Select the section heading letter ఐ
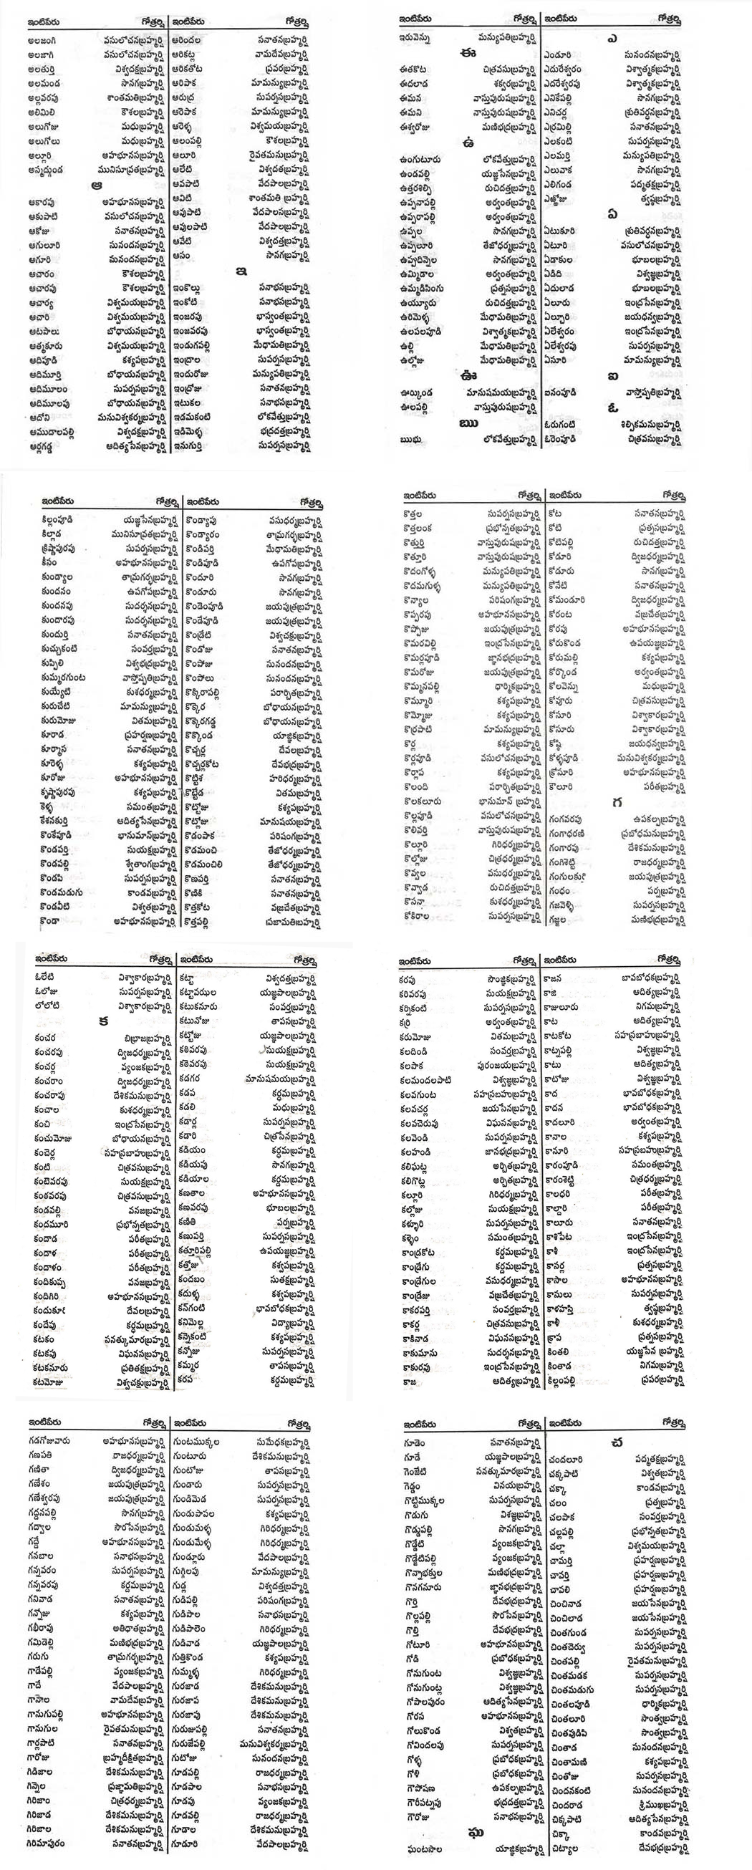(614, 375)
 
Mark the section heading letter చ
(617, 1443)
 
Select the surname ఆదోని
(40, 417)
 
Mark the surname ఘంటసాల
(420, 1849)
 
